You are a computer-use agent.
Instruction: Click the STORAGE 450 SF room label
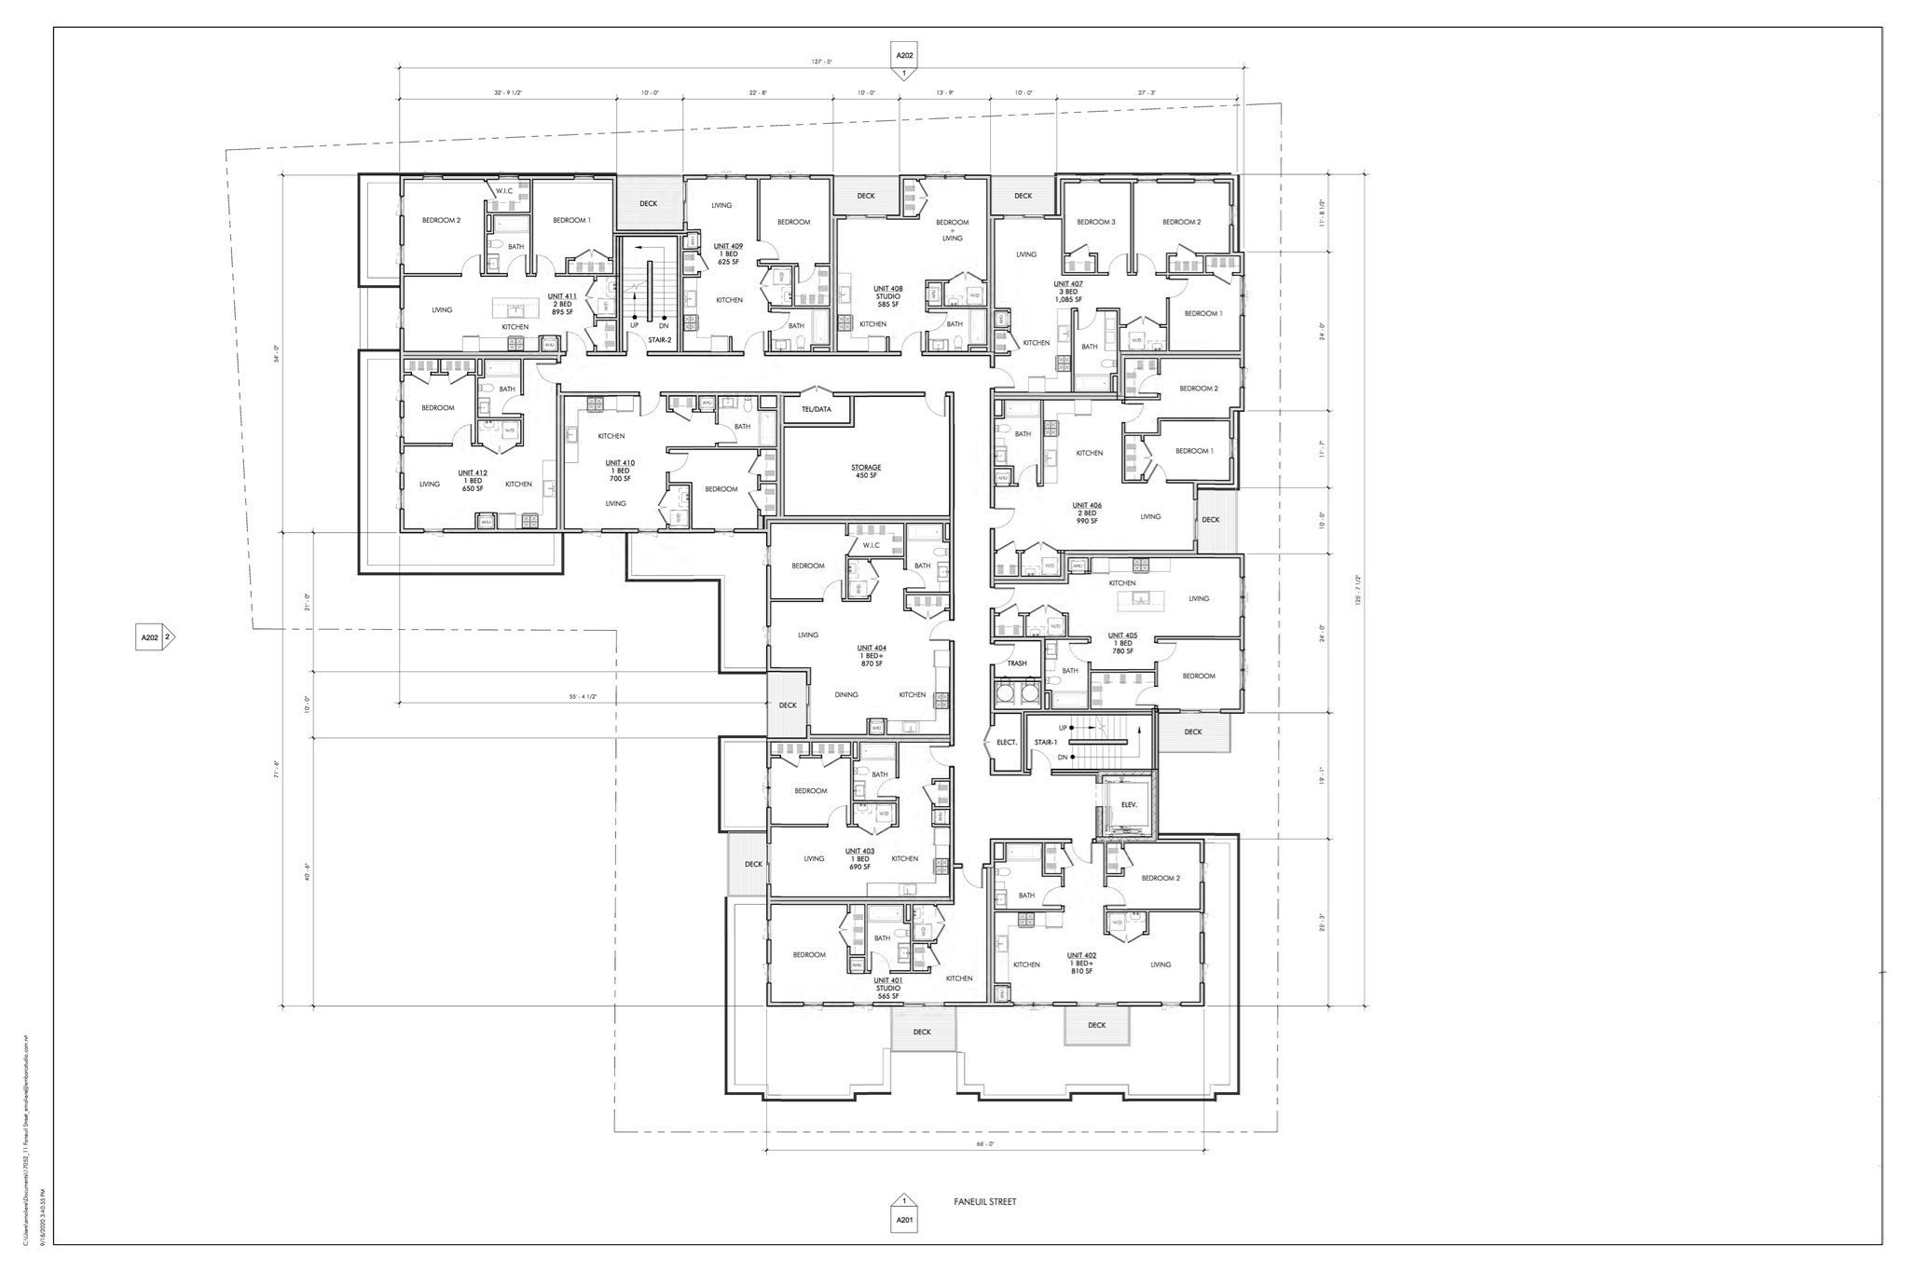click(x=865, y=472)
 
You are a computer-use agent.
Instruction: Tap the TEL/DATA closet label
click(x=816, y=409)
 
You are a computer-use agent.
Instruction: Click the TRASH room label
click(x=1016, y=663)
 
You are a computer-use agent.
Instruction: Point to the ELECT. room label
click(x=1006, y=742)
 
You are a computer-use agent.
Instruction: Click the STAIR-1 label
click(x=1045, y=742)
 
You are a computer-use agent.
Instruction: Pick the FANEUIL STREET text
click(x=984, y=1201)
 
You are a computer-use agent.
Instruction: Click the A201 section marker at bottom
click(x=903, y=1219)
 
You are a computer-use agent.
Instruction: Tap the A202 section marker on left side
click(x=151, y=637)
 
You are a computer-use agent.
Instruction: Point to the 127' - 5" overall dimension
click(x=820, y=62)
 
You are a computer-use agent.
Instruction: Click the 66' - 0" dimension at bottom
click(x=984, y=1143)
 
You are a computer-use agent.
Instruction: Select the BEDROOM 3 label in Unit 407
click(x=1095, y=222)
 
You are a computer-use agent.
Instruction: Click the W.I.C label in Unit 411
click(x=504, y=191)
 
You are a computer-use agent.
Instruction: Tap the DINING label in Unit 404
click(x=845, y=694)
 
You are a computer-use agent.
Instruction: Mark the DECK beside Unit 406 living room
click(x=1210, y=519)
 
